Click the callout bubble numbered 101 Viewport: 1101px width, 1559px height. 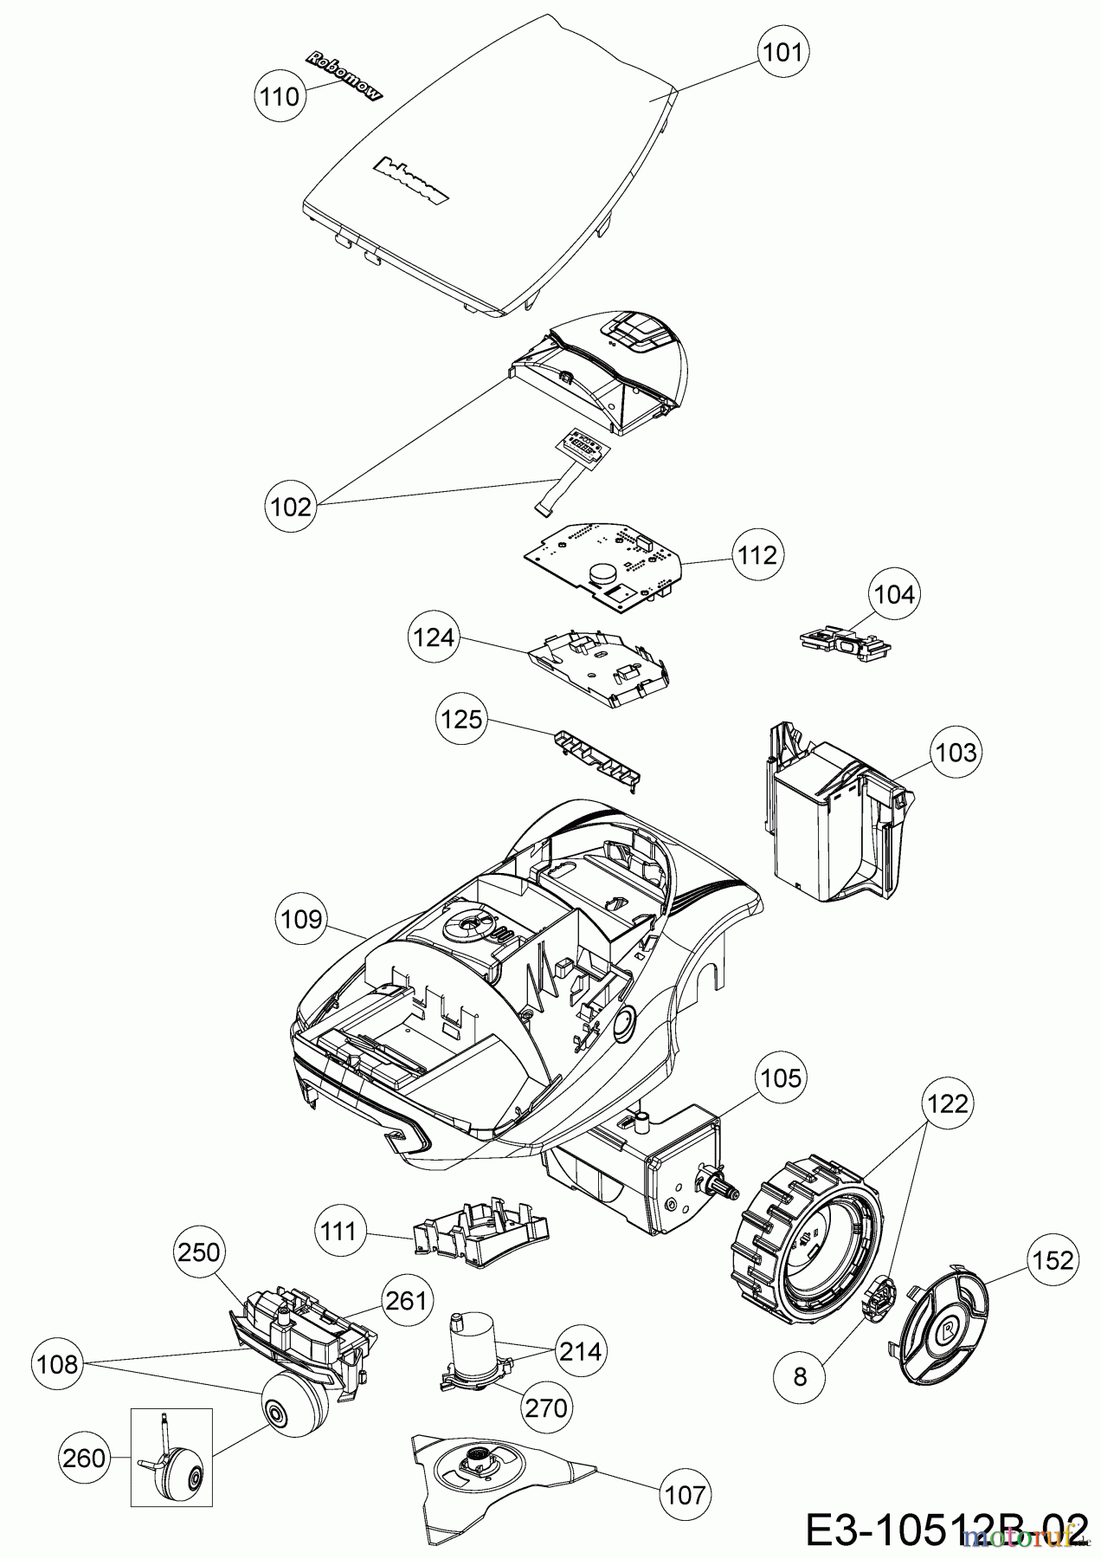(x=782, y=52)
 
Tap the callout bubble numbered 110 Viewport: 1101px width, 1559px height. (x=280, y=96)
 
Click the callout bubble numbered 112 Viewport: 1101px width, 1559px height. (x=757, y=554)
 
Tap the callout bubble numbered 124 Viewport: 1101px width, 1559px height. (x=434, y=637)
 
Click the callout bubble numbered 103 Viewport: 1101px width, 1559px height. (x=956, y=752)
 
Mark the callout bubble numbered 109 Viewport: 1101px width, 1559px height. (x=301, y=918)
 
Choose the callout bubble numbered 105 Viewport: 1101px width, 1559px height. (x=782, y=1078)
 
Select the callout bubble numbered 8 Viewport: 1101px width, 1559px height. (x=799, y=1375)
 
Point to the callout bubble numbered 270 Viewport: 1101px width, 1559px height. (x=546, y=1407)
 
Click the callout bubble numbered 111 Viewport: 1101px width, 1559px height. (x=339, y=1231)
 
